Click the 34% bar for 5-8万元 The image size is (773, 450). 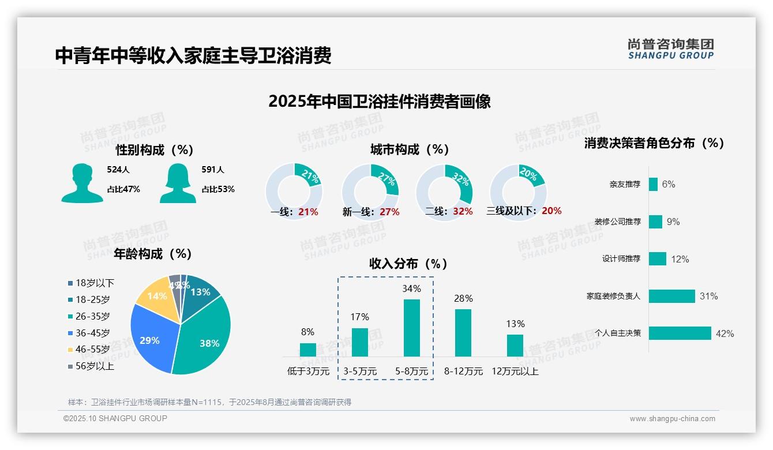point(411,328)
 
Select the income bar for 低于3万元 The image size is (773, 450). point(307,350)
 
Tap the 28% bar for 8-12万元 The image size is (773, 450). point(463,333)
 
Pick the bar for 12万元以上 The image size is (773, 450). point(515,346)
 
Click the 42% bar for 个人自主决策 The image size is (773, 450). point(680,333)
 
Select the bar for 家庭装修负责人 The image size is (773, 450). point(672,296)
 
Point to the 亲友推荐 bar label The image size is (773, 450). point(625,184)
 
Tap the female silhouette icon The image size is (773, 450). point(178,183)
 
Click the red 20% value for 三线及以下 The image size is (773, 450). point(551,211)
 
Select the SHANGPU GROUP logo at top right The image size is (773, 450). point(671,49)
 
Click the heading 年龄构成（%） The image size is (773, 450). point(153,254)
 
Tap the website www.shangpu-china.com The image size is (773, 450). point(672,419)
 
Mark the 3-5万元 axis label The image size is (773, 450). point(360,372)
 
